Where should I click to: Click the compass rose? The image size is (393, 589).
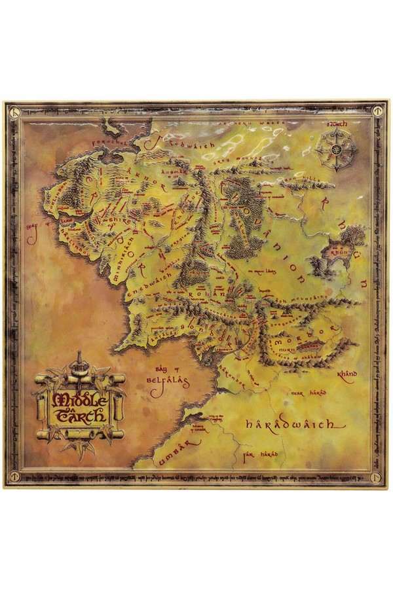[x=337, y=150]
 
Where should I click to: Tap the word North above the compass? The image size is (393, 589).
[x=338, y=122]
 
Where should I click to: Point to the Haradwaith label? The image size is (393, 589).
[x=295, y=424]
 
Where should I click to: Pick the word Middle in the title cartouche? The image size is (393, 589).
[x=81, y=399]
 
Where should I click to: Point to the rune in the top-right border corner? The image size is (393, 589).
[x=379, y=111]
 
